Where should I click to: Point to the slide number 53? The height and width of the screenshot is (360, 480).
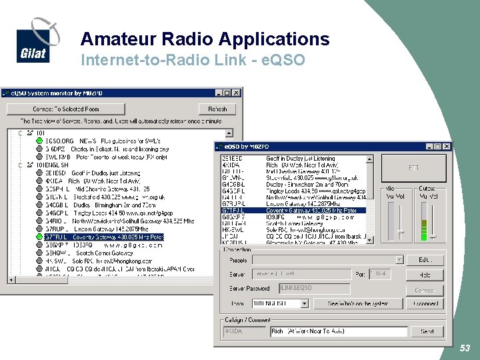pyautogui.click(x=465, y=349)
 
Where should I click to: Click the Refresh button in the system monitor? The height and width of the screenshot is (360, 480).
pyautogui.click(x=217, y=109)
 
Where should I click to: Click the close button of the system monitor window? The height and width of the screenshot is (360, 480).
pyautogui.click(x=237, y=93)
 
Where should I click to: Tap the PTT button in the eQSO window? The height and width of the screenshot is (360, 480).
pyautogui.click(x=413, y=168)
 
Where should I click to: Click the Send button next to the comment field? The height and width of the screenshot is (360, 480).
pyautogui.click(x=427, y=331)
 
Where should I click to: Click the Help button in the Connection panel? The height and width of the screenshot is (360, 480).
pyautogui.click(x=425, y=275)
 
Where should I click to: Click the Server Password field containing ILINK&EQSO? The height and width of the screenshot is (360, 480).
pyautogui.click(x=313, y=289)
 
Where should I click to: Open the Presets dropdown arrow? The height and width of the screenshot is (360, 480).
pyautogui.click(x=399, y=260)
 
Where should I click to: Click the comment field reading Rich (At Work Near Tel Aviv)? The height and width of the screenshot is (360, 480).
pyautogui.click(x=338, y=331)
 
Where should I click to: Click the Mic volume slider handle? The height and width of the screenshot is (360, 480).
pyautogui.click(x=399, y=232)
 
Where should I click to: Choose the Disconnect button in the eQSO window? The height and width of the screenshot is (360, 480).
pyautogui.click(x=425, y=304)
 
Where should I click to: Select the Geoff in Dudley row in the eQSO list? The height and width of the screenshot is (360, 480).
pyautogui.click(x=297, y=159)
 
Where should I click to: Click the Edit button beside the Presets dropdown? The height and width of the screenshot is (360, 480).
pyautogui.click(x=425, y=260)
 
